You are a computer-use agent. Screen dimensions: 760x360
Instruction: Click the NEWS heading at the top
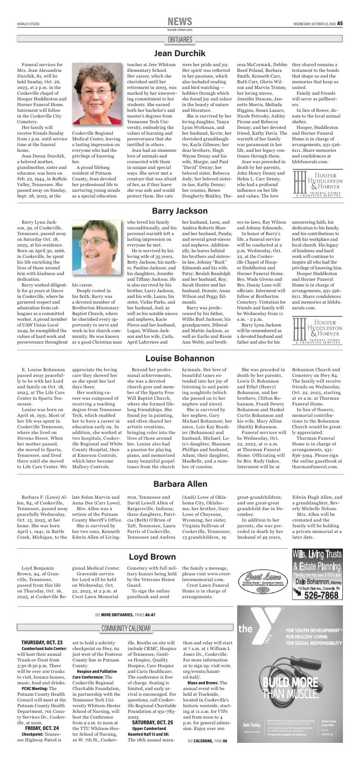[x=180, y=21]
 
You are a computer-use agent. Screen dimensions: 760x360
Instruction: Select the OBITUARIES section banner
[x=180, y=39]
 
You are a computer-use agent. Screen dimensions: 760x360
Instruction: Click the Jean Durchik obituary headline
[x=180, y=53]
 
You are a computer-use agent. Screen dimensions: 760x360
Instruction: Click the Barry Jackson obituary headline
[x=180, y=210]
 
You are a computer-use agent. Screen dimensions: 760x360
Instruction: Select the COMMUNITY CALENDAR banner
[x=126, y=629]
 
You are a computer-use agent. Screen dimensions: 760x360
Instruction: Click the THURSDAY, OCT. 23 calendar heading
[x=42, y=642]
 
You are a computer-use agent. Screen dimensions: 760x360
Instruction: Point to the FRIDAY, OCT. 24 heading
[x=42, y=728]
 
